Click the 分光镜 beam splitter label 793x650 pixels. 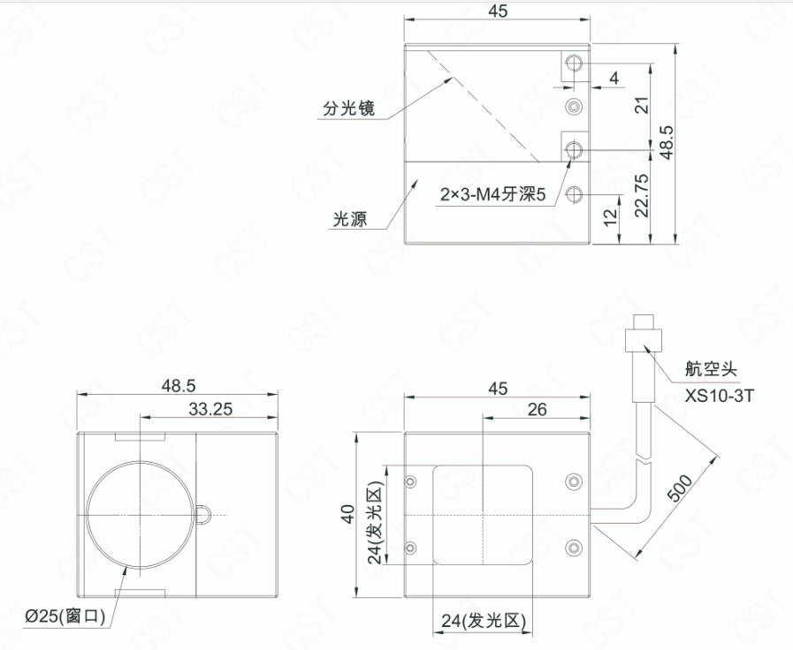coord(348,108)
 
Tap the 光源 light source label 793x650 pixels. coord(349,219)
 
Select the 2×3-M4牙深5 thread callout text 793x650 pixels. coord(493,194)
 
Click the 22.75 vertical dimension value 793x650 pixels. coord(641,195)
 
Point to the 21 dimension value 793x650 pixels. coord(641,105)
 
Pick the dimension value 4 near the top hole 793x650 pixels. coord(614,79)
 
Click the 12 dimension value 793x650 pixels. coord(611,216)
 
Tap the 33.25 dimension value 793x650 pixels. coord(210,409)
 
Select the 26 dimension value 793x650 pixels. coord(538,409)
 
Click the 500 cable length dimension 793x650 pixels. coord(681,487)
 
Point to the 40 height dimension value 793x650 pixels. coord(348,514)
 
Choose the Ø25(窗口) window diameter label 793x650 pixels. coord(65,616)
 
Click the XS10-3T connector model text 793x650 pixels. coord(719,396)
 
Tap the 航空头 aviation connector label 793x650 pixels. coord(711,368)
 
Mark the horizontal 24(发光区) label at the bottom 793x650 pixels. coord(484,621)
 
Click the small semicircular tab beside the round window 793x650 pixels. coord(202,515)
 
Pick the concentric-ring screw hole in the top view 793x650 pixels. coord(574,107)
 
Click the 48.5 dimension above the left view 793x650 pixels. coord(178,386)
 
